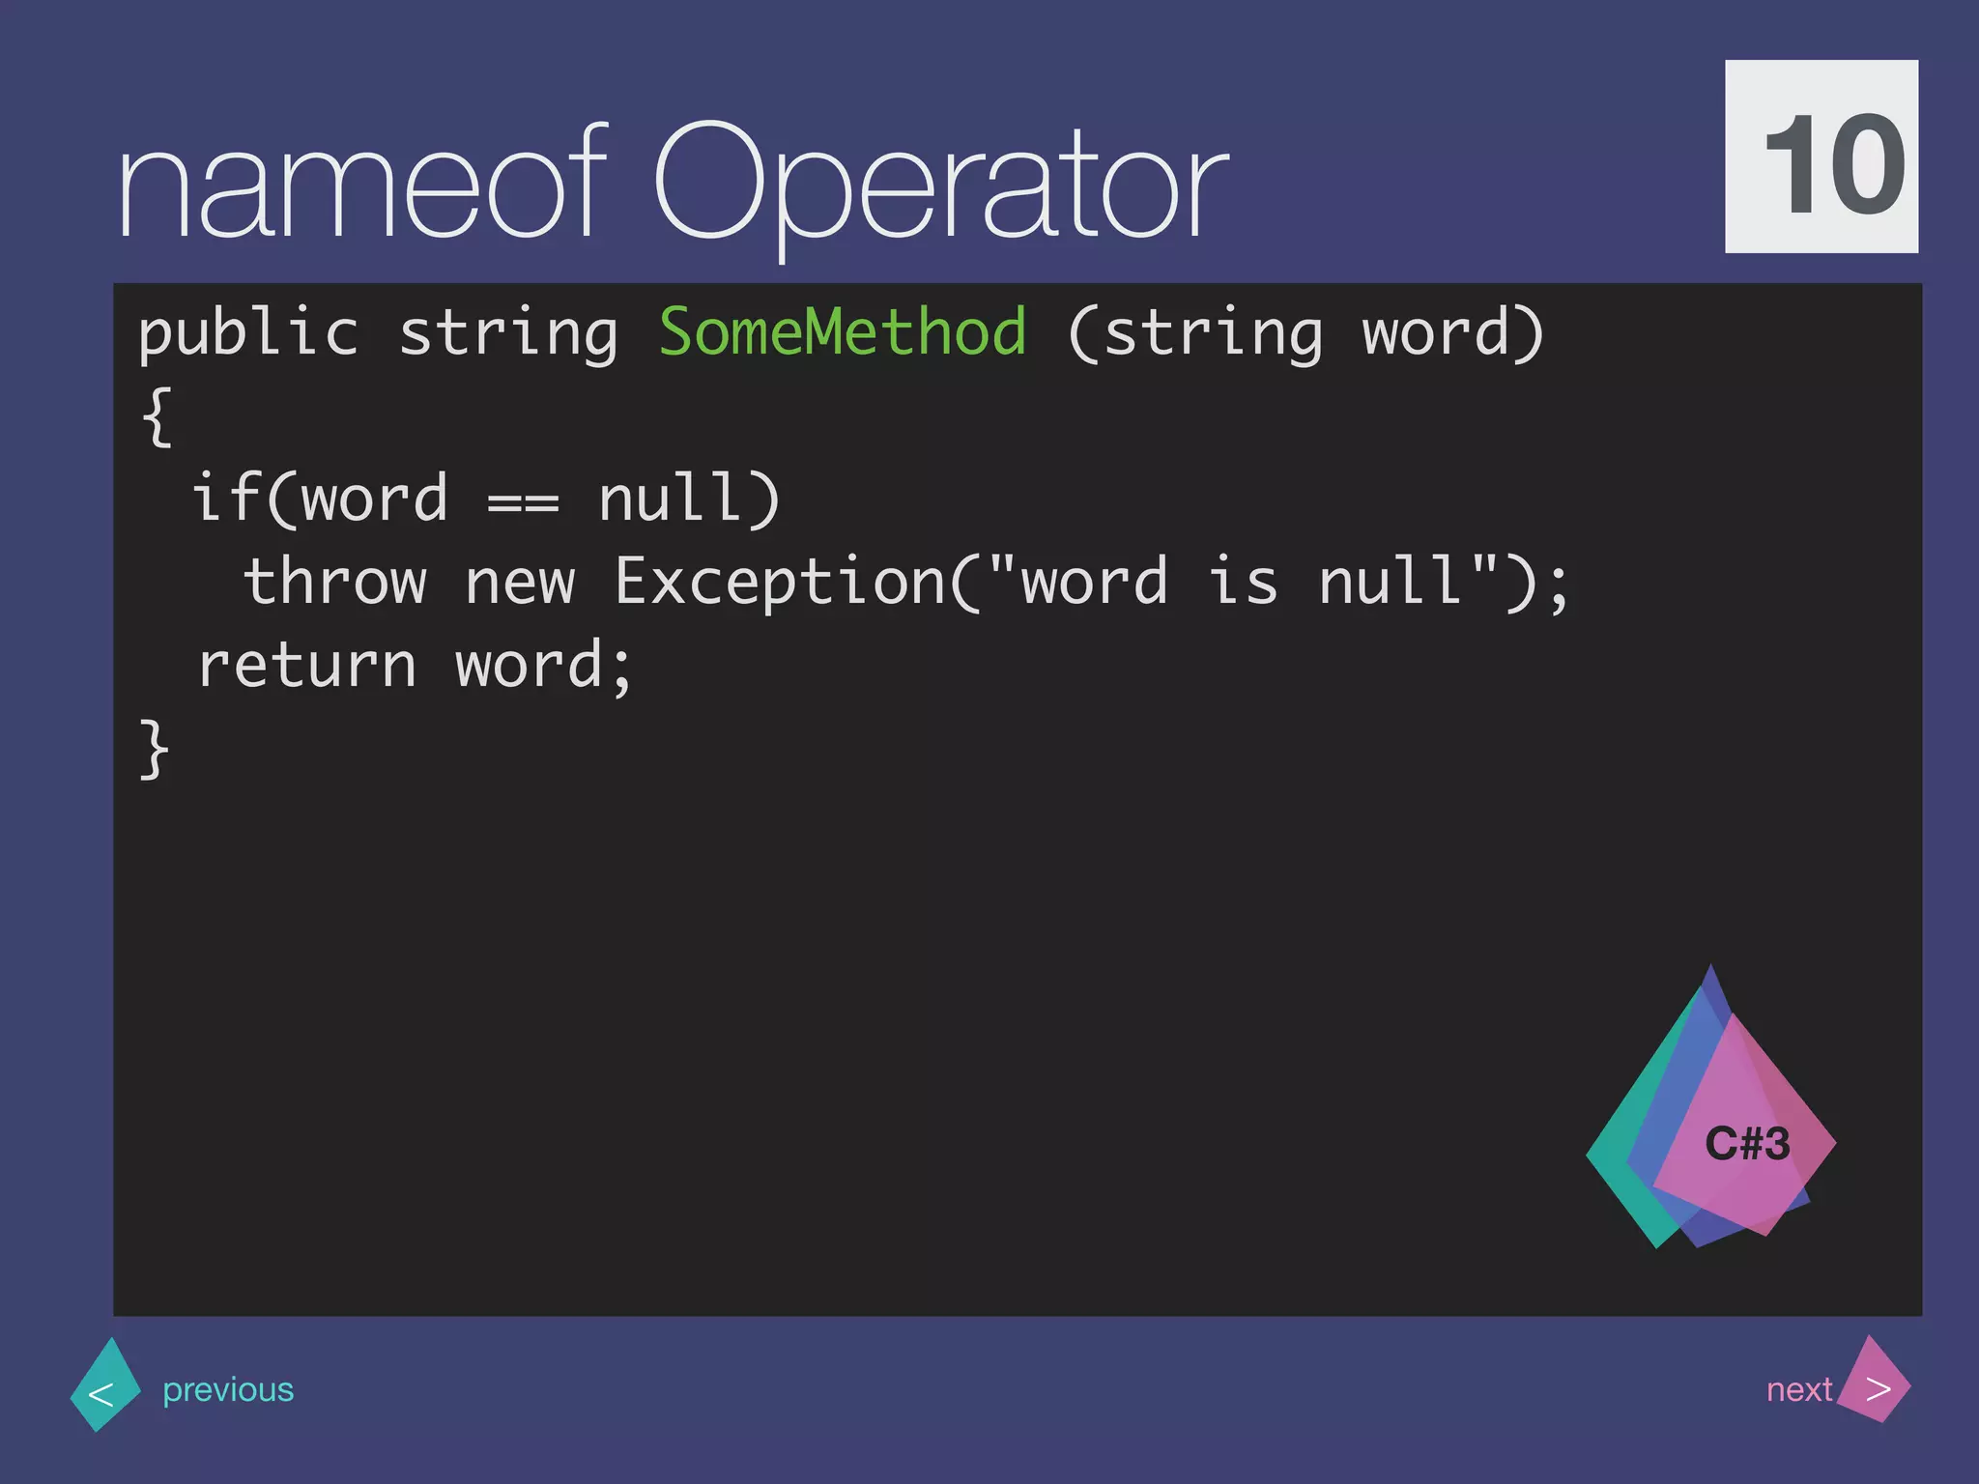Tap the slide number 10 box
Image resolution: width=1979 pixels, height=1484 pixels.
[1821, 157]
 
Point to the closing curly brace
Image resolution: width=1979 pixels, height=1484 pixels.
[156, 749]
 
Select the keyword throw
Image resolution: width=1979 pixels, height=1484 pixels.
[334, 583]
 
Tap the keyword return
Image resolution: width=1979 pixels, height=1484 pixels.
[306, 667]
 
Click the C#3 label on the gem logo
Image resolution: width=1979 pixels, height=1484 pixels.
[1747, 1144]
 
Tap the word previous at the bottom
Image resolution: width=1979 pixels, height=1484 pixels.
[228, 1389]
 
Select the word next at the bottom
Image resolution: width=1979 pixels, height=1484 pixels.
[1798, 1389]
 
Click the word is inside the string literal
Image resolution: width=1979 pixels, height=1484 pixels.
[1244, 583]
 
